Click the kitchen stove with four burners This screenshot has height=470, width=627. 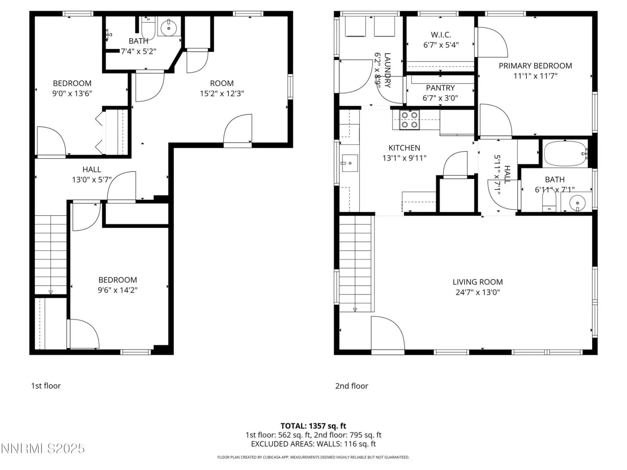tap(409, 120)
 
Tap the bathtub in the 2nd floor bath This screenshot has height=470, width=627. tap(565, 154)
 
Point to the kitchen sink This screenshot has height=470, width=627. tap(350, 163)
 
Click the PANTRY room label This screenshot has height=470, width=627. tap(440, 88)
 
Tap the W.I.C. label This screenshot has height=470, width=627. tap(441, 35)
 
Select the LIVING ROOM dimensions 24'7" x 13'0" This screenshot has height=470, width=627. tap(478, 292)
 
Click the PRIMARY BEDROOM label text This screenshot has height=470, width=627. tap(535, 66)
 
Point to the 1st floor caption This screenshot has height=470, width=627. tap(46, 386)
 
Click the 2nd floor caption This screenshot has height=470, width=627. tap(352, 386)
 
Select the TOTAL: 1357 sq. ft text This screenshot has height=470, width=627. tap(313, 426)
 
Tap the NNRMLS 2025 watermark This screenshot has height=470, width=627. tap(43, 449)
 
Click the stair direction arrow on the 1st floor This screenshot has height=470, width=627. tap(51, 292)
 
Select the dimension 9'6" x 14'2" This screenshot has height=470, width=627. tap(118, 290)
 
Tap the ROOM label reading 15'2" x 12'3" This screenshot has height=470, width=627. tap(222, 88)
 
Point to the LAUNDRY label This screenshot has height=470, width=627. tap(387, 70)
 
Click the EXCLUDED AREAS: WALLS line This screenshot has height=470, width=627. tap(313, 444)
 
